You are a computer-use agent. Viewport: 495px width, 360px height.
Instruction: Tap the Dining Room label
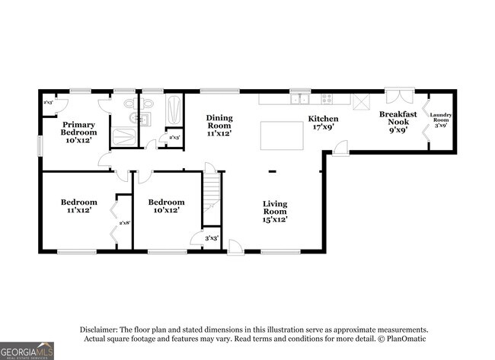[219, 126]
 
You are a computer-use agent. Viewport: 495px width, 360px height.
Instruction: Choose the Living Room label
[275, 211]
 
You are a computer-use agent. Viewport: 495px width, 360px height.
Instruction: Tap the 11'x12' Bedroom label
[79, 205]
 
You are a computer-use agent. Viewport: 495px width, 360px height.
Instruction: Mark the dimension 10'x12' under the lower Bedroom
[166, 210]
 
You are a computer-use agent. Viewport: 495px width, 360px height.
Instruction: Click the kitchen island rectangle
[279, 136]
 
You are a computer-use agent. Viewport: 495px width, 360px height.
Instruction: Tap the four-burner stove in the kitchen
[327, 98]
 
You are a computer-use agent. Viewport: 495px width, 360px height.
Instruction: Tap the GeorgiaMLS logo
[27, 350]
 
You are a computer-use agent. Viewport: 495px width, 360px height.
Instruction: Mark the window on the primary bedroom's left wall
[42, 145]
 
